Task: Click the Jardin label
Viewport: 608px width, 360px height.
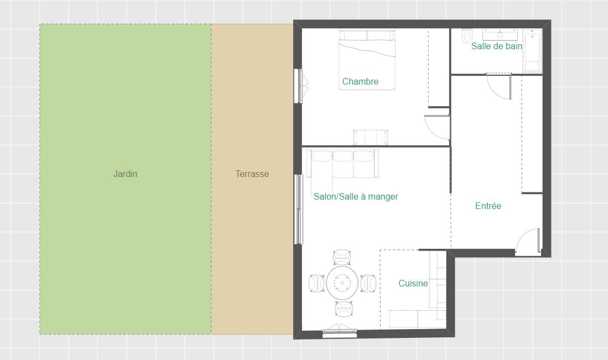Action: pos(125,174)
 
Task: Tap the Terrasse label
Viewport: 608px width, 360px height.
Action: pos(252,174)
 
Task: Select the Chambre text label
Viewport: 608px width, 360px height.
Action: pos(360,81)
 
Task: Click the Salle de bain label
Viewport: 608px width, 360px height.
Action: pos(496,46)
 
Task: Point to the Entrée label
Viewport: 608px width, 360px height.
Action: pos(488,206)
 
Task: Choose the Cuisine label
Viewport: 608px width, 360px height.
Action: pos(413,283)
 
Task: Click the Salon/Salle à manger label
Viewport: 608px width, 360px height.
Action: pos(356,196)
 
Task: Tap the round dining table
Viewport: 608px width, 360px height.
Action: pos(342,283)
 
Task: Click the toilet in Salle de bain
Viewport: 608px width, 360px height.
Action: pos(465,35)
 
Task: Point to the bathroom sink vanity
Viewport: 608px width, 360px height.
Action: pos(500,34)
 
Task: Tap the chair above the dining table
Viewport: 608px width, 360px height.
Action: pos(342,258)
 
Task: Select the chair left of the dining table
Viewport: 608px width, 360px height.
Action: pos(316,283)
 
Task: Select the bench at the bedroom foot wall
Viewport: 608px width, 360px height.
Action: pos(370,137)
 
